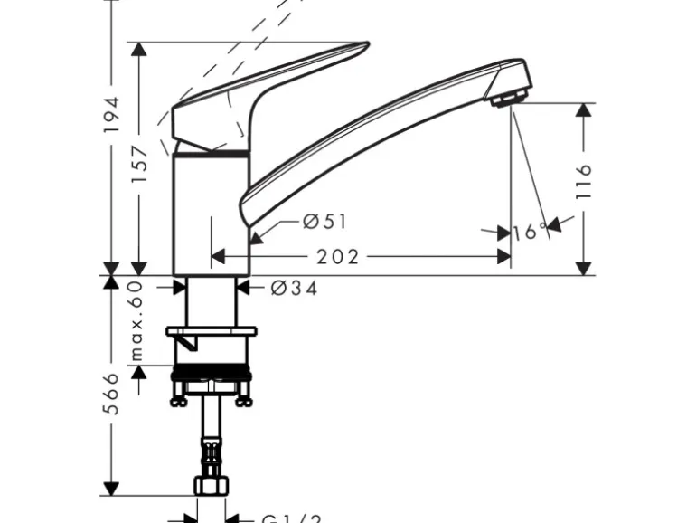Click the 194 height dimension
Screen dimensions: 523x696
point(112,115)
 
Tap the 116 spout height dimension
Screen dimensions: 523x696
point(585,182)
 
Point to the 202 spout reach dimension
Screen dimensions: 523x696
point(338,258)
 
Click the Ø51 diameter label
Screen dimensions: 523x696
point(324,221)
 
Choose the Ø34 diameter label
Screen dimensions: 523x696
point(294,289)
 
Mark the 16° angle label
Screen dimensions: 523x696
point(530,233)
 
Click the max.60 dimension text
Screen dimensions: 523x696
point(137,320)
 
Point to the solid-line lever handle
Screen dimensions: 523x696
point(271,90)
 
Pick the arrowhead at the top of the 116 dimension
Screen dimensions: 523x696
point(585,110)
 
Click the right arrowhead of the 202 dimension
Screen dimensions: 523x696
point(503,258)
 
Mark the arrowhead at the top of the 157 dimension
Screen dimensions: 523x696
point(139,50)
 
